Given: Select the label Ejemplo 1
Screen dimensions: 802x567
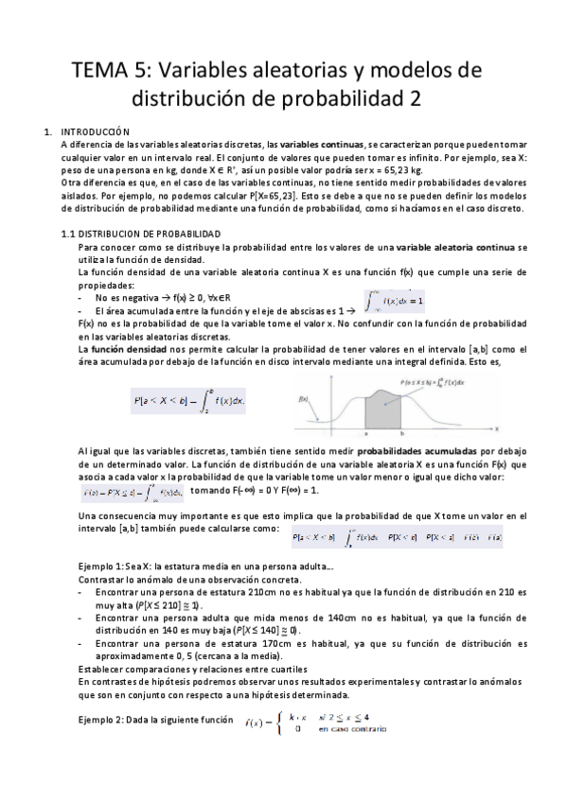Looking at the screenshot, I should [101, 565].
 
